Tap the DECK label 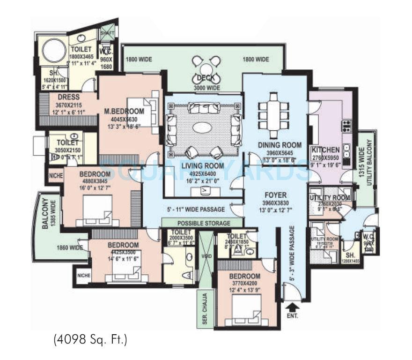click(205, 78)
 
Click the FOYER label click(275, 195)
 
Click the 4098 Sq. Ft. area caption click(90, 340)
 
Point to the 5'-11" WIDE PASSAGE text click(195, 209)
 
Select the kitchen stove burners click(347, 125)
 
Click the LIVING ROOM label click(204, 166)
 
